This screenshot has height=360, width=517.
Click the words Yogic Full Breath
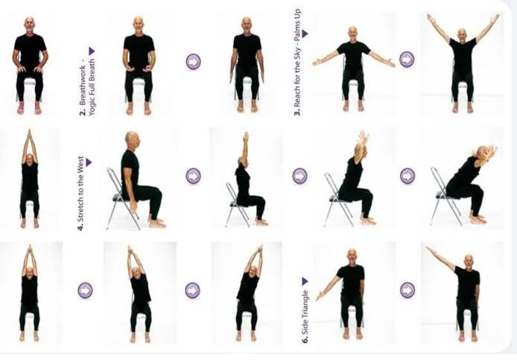[92, 89]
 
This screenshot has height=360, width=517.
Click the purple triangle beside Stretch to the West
[88, 161]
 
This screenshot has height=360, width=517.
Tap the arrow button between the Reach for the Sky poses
[407, 59]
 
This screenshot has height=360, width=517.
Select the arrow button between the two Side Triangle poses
[407, 289]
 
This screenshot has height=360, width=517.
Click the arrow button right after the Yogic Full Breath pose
[193, 61]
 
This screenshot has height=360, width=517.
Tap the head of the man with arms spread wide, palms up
[352, 33]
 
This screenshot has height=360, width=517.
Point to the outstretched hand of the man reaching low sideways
[319, 297]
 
